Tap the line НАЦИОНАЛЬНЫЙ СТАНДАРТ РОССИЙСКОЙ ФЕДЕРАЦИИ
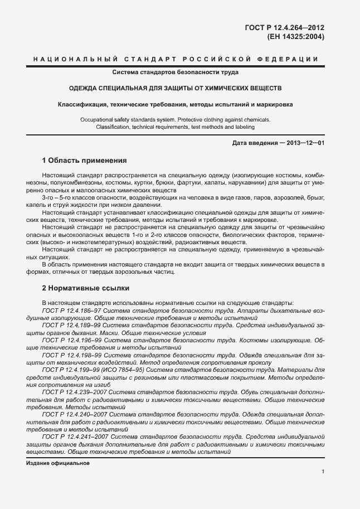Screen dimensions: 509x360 tap(176, 59)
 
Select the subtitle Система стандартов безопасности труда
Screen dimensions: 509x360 tap(176, 72)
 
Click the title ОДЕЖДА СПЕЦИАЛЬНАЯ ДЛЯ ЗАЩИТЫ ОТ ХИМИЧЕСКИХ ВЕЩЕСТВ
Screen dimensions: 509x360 tap(176, 88)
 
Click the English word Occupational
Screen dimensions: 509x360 tap(99, 119)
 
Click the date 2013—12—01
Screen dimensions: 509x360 tap(305, 143)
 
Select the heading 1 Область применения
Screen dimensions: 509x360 tap(85, 161)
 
